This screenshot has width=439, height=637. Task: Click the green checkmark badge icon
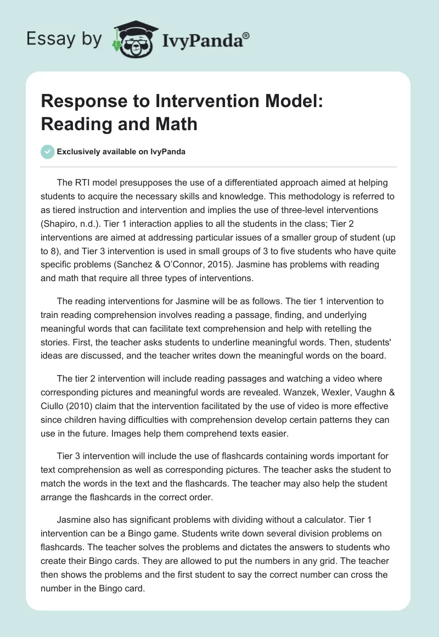(x=48, y=152)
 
